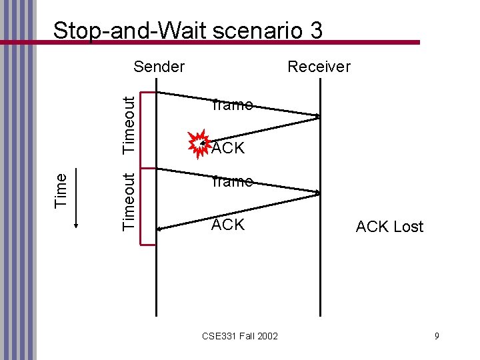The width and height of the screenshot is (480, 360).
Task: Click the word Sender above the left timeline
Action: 159,66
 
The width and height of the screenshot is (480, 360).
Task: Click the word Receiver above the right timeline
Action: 318,66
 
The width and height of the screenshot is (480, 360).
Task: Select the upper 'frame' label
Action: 231,105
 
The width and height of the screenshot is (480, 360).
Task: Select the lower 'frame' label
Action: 231,181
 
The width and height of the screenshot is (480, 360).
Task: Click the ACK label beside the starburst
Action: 229,148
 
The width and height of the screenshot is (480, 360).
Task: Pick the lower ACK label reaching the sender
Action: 228,225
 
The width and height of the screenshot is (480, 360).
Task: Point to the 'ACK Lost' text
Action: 389,227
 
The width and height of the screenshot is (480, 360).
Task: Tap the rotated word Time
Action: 61,189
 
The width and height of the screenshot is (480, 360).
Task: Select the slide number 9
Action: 437,335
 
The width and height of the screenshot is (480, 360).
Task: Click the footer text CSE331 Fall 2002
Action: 240,335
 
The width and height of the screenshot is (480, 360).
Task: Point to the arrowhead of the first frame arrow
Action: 317,117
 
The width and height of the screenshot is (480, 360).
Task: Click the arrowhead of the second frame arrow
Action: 317,193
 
